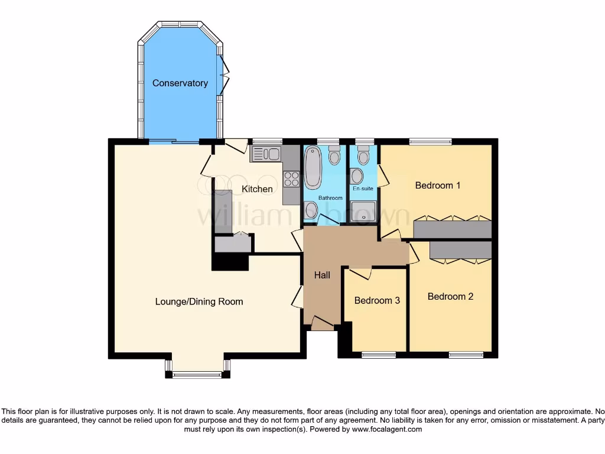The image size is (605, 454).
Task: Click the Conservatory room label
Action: point(180,83)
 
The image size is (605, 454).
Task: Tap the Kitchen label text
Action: point(258,189)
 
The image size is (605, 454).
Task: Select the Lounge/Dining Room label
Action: point(199,301)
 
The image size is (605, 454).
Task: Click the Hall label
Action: point(322,275)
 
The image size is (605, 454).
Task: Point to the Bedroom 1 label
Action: point(437,186)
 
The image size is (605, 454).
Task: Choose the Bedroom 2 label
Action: point(450,297)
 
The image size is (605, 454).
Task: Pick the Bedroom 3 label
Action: point(377,300)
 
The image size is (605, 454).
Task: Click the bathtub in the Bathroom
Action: point(313,167)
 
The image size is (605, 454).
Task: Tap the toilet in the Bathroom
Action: point(334,155)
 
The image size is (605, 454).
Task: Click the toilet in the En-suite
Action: point(363,155)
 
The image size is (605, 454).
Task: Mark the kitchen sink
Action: point(266,154)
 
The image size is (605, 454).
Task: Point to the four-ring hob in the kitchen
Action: point(291,179)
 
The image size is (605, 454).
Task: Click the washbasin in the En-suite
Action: point(356,176)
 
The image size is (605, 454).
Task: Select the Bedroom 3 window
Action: point(378,355)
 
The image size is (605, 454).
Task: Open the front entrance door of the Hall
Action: point(323,324)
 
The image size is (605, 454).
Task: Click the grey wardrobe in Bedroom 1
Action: point(453,229)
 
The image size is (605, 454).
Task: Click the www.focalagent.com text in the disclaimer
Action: point(386,430)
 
